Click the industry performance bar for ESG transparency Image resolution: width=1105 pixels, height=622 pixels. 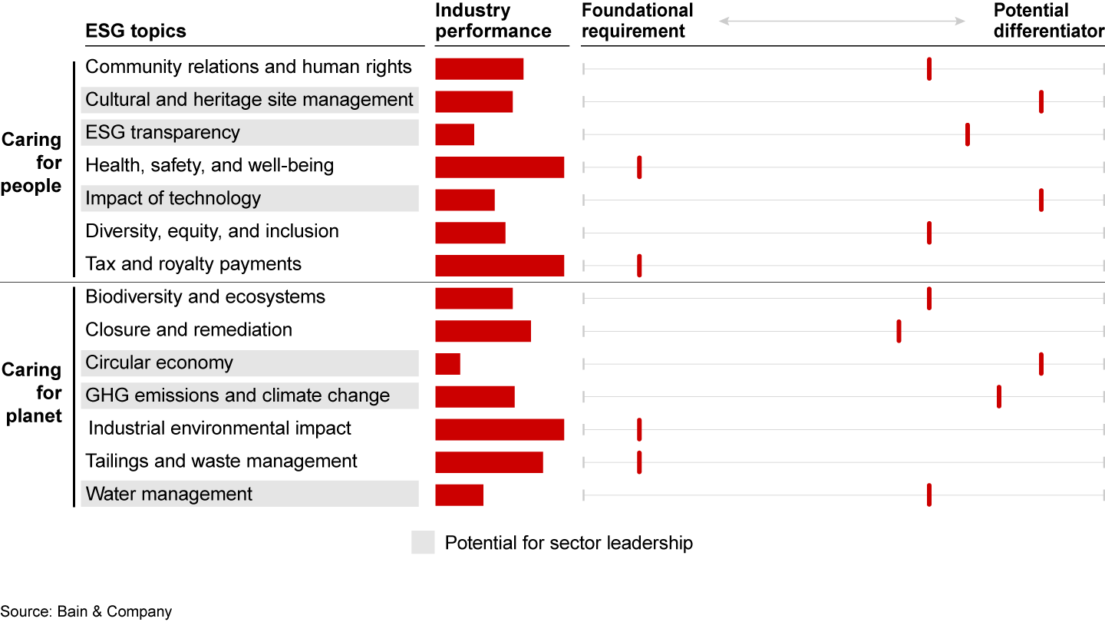pos(454,134)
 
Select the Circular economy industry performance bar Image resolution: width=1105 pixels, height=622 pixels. pos(447,364)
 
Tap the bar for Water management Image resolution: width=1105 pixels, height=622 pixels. pos(459,495)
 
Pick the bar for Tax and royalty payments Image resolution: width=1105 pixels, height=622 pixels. pos(499,266)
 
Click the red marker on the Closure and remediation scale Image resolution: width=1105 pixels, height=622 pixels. pos(899,332)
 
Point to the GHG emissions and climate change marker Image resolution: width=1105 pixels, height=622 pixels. pos(999,397)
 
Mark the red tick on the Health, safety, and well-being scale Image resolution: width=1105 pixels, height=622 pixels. pos(639,167)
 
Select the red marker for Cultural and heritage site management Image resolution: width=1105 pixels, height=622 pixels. pos(1041,101)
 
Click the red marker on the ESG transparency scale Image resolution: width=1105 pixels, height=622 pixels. pos(968,134)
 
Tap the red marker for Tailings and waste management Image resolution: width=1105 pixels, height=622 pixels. pos(639,463)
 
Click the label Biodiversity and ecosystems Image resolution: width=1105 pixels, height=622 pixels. pos(205,297)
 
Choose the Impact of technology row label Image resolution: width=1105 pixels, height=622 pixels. pos(173,199)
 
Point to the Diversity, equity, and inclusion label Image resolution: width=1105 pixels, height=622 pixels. pos(212,232)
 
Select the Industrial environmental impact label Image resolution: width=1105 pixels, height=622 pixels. pos(219,428)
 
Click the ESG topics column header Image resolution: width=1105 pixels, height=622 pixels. pos(135,31)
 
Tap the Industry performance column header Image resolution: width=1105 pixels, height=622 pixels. pos(493,21)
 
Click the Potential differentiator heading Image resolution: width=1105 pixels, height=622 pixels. pos(1048,21)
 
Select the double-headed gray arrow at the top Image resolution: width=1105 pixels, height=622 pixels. pos(842,22)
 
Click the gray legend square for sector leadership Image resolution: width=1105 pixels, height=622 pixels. pos(423,542)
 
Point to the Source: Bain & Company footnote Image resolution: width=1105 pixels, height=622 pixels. pos(86,611)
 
